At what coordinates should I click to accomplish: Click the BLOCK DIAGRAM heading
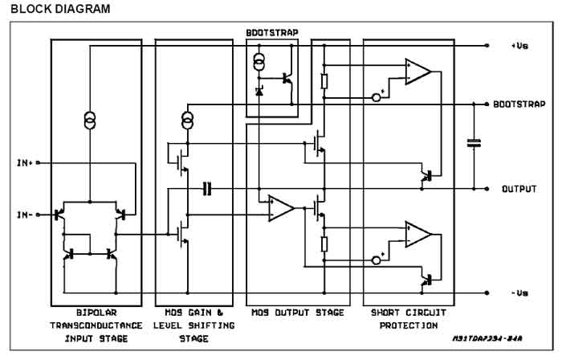60,9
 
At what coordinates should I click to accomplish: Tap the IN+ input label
24,163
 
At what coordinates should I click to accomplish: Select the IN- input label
24,215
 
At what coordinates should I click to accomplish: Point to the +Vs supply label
519,46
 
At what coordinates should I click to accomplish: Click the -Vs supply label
519,293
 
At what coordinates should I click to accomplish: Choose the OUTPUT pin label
519,189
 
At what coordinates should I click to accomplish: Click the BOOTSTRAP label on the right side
519,104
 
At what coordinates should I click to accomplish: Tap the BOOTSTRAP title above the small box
272,33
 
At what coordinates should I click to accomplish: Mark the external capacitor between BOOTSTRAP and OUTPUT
474,143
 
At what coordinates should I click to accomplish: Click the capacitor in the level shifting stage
207,189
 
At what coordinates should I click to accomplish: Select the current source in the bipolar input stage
90,120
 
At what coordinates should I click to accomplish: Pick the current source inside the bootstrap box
259,62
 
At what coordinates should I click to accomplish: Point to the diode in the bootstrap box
259,91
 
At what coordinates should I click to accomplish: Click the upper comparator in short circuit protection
417,72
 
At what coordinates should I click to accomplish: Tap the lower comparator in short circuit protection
417,235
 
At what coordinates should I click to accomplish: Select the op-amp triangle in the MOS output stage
281,208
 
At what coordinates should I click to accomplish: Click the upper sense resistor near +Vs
324,81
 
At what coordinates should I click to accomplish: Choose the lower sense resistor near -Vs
324,244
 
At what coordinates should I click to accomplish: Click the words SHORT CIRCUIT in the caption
409,313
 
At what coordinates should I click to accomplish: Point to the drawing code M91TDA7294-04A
487,338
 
